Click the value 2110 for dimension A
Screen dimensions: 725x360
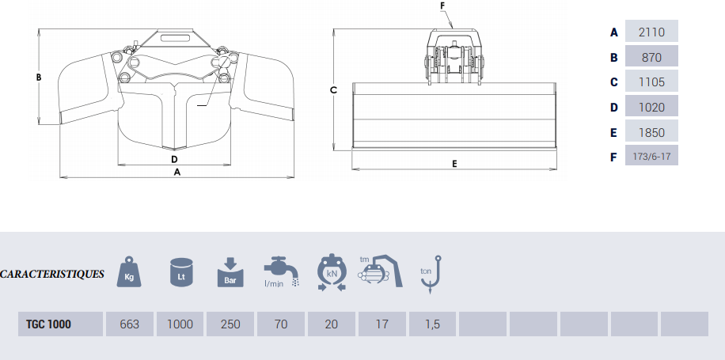pyautogui.click(x=651, y=32)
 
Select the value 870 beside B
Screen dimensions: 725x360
pyautogui.click(x=651, y=57)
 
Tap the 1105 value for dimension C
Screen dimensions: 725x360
pyautogui.click(x=651, y=82)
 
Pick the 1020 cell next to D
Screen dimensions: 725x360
pyautogui.click(x=651, y=108)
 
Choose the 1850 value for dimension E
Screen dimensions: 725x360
pyautogui.click(x=651, y=133)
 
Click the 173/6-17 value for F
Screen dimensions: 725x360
pyautogui.click(x=651, y=156)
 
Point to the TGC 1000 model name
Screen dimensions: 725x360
pyautogui.click(x=48, y=324)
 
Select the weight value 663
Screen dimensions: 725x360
pyautogui.click(x=130, y=324)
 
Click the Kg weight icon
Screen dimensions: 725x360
pyautogui.click(x=130, y=271)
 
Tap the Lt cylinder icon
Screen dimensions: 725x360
pyautogui.click(x=182, y=272)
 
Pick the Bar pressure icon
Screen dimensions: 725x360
pyautogui.click(x=230, y=273)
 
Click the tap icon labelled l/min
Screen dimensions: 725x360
pyautogui.click(x=281, y=271)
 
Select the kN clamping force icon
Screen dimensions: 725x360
pyautogui.click(x=332, y=272)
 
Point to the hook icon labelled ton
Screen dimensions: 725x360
pyautogui.click(x=431, y=275)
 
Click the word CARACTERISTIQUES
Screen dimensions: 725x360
pyautogui.click(x=52, y=274)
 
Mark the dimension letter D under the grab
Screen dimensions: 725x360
pyautogui.click(x=174, y=159)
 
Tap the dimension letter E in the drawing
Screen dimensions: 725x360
pyautogui.click(x=454, y=164)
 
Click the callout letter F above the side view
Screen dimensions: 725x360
pyautogui.click(x=442, y=6)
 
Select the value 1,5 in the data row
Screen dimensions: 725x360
pyautogui.click(x=432, y=324)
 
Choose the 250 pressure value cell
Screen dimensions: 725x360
pyautogui.click(x=230, y=324)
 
